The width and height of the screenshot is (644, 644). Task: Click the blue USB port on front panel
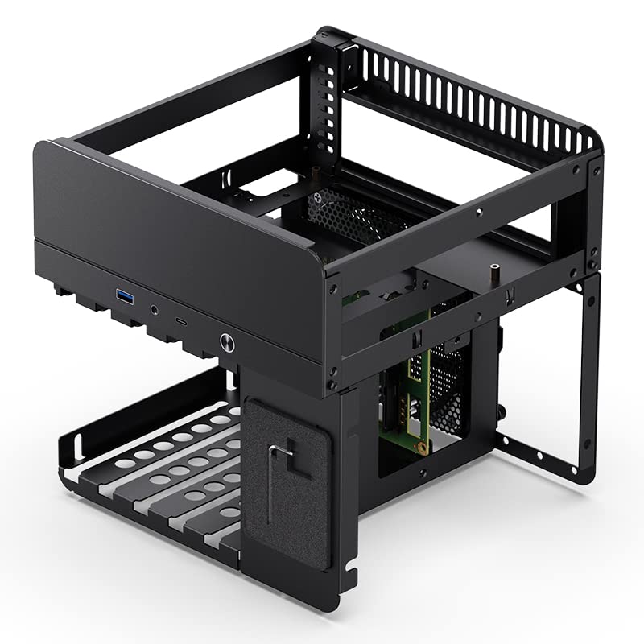click(x=127, y=296)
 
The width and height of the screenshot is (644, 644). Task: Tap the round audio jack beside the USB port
click(x=154, y=308)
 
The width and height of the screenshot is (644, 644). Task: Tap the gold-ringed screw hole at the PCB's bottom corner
click(x=419, y=440)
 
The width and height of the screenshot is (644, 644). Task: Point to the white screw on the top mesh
click(x=324, y=197)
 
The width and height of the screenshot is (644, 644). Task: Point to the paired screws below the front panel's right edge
click(x=332, y=378)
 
